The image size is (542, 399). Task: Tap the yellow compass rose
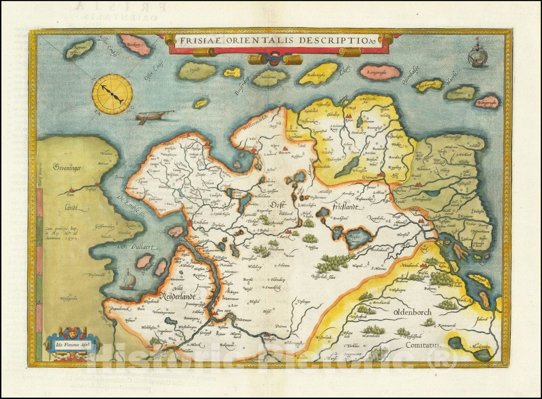click(111, 91)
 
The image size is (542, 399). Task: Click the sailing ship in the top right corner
click(478, 54)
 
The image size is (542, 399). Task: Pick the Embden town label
click(201, 223)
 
